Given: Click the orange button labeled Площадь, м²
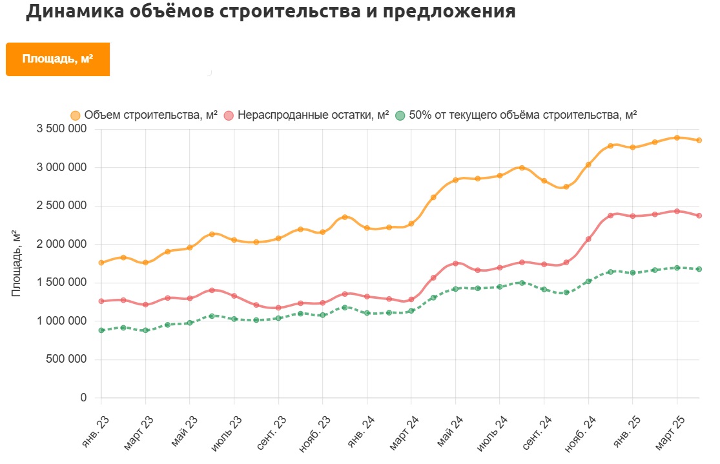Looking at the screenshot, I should [57, 59].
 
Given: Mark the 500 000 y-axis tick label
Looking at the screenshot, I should [65, 359].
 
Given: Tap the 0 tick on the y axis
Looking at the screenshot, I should [83, 398].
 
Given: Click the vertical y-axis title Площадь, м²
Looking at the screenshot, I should [17, 263].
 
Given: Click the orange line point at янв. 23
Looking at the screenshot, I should [101, 263].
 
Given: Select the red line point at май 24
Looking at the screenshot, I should [455, 263].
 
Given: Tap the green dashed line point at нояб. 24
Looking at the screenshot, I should [588, 281].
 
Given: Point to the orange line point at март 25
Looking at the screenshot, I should [677, 137].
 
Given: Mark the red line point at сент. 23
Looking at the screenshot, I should [278, 308].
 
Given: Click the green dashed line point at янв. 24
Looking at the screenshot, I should [367, 313].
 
